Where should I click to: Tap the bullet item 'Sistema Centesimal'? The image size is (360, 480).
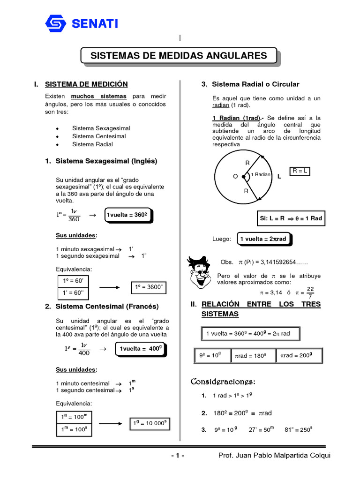coord(99,136)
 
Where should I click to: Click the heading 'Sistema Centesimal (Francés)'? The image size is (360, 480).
coord(107,307)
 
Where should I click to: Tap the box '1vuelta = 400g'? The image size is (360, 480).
coord(141,349)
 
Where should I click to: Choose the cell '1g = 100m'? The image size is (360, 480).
coord(75,417)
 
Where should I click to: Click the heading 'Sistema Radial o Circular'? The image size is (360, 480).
coord(255,84)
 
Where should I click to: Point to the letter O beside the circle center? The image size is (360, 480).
coord(235,177)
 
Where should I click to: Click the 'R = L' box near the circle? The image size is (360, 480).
coord(300,172)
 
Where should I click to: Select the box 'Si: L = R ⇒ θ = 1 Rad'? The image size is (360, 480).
coord(291,218)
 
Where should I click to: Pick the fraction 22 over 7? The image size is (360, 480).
coord(310,292)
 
